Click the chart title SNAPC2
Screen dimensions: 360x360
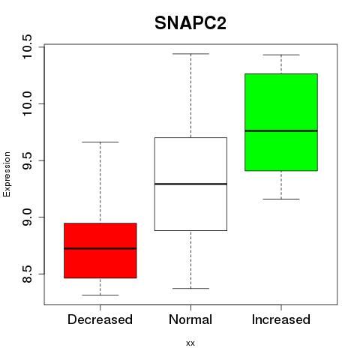coord(190,23)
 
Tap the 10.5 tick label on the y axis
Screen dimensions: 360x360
coord(27,46)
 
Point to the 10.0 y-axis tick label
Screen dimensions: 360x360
coord(27,103)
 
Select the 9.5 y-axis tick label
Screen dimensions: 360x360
coord(27,160)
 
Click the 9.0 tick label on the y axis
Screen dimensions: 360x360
coord(27,217)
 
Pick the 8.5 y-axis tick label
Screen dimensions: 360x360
coord(27,274)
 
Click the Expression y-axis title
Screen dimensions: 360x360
coord(7,174)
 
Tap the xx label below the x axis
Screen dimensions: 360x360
coord(190,343)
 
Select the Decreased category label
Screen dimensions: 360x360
coord(100,319)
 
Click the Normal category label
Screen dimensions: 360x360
coord(190,319)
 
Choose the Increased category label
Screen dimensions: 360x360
coord(281,319)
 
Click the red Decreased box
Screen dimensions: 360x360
coord(100,250)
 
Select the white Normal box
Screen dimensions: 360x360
coord(190,184)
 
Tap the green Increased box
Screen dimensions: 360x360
coord(281,122)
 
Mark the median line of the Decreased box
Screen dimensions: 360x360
coord(100,248)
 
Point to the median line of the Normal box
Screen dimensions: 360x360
coord(190,184)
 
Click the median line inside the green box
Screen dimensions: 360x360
coord(281,130)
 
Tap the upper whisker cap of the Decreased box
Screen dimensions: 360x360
coord(100,142)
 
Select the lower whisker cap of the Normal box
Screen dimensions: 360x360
coord(190,289)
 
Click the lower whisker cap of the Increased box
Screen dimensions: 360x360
coord(281,199)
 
